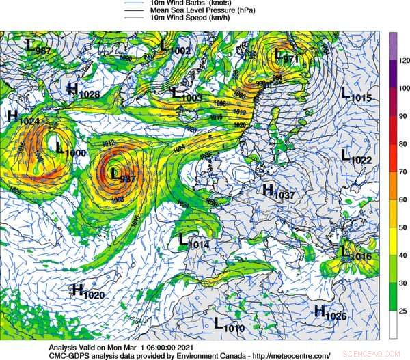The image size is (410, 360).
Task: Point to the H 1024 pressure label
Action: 23,117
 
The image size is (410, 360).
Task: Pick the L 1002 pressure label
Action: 176,48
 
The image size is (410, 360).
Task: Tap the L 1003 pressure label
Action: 187,95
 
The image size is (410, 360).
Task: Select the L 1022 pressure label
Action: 356,157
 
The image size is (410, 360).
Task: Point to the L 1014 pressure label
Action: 193,240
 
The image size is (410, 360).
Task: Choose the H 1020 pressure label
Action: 87,292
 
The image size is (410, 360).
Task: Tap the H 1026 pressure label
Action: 330,313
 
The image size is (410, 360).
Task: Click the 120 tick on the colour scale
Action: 403,60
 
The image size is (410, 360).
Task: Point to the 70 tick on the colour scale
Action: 403,171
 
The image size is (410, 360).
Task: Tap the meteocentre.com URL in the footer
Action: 290,355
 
